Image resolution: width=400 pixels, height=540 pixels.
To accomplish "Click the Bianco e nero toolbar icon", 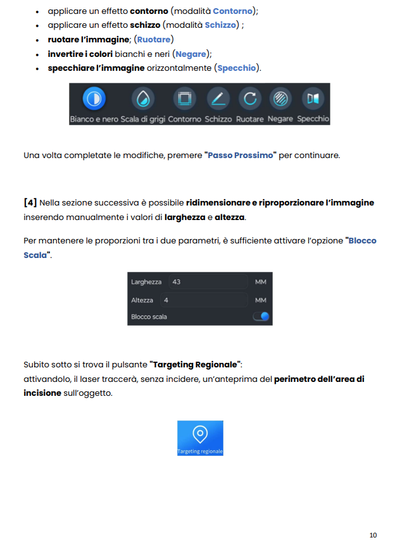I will (x=94, y=99).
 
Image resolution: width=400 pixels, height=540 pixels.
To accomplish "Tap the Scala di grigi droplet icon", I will (x=142, y=99).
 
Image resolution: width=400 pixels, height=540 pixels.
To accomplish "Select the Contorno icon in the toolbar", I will (x=185, y=99).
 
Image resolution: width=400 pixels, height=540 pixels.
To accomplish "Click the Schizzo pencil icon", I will (x=218, y=99).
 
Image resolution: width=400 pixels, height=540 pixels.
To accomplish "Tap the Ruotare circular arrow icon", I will (x=251, y=99).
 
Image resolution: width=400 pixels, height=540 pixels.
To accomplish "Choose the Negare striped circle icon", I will (x=280, y=99).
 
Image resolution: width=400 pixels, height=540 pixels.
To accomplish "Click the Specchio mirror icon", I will (x=313, y=99).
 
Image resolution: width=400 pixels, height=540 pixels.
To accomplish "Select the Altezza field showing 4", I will (x=203, y=300).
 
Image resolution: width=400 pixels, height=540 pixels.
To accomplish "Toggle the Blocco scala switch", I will (x=261, y=316).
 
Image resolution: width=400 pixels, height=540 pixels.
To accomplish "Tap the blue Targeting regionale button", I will (x=200, y=438).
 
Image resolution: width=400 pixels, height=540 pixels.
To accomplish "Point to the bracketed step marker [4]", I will (x=30, y=203).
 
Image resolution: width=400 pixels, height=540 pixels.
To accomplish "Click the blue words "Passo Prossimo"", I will (x=241, y=155).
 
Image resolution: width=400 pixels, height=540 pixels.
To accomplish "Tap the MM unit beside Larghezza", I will (x=260, y=282).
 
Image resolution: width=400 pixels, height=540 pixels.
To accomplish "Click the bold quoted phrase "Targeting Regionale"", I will (x=196, y=365).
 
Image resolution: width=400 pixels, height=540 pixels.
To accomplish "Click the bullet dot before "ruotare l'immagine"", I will (x=39, y=40).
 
